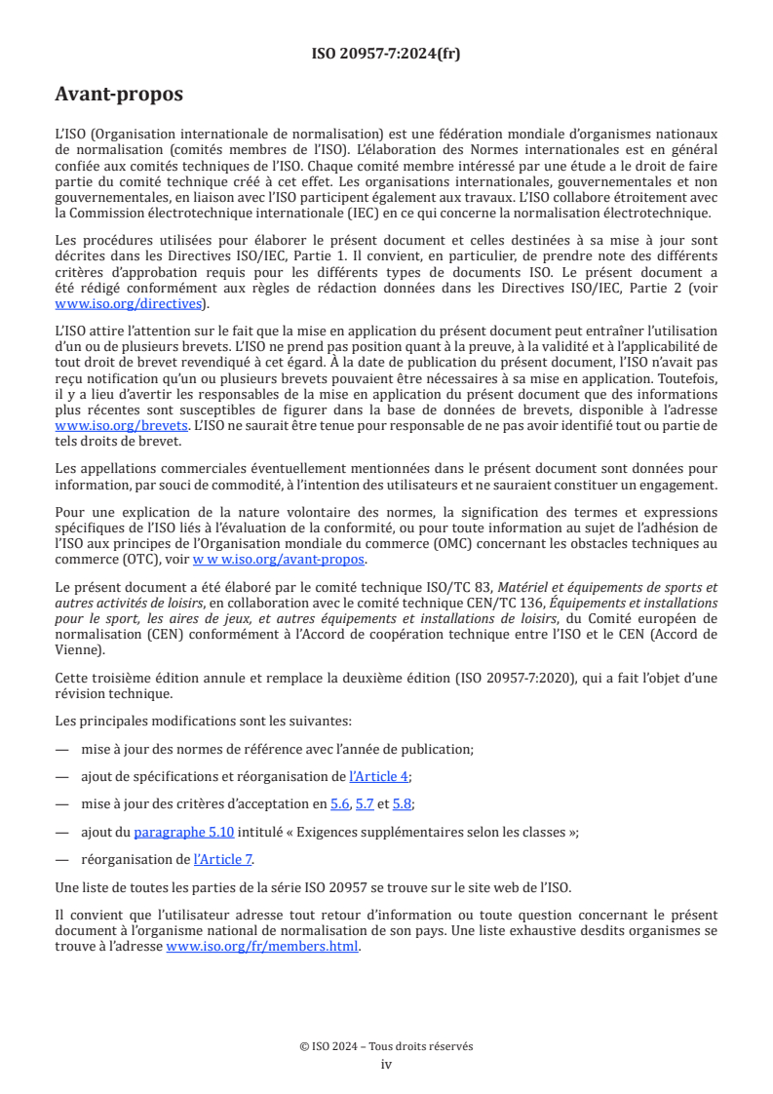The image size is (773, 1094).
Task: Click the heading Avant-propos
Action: coord(119,95)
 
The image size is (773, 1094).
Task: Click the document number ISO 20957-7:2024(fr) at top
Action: coord(386,55)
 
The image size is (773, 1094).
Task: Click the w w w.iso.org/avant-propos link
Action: coord(278,559)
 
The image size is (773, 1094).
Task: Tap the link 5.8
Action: coord(403,803)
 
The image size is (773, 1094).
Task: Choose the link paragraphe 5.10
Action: coord(183,832)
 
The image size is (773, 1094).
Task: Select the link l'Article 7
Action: coord(223,859)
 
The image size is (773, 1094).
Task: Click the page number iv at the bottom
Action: coord(386,1064)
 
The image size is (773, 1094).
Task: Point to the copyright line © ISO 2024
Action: coord(386,1046)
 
